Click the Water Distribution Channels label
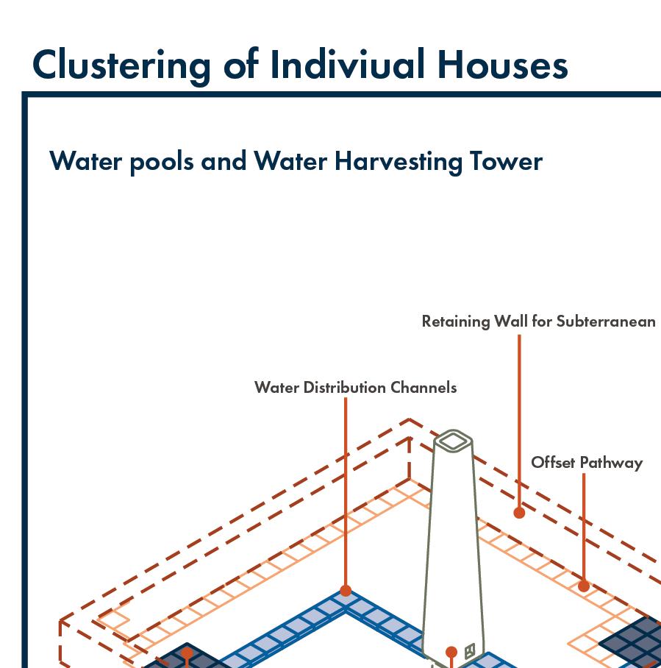(355, 387)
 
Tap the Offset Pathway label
(587, 462)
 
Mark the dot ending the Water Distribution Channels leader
(346, 590)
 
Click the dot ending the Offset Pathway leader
(583, 586)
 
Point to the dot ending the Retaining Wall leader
(519, 513)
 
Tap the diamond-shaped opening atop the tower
(453, 441)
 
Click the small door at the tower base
(470, 650)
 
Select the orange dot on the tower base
(451, 652)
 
